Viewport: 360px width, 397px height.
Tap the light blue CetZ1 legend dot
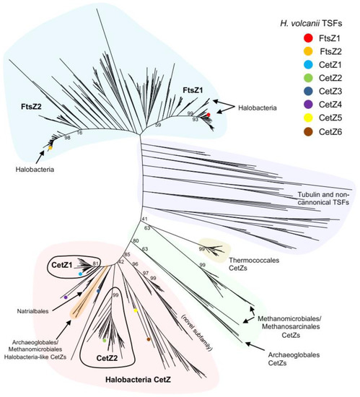tap(287, 69)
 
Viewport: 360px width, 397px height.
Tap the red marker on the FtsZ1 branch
tap(208, 115)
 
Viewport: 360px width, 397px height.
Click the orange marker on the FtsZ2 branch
tap(51, 147)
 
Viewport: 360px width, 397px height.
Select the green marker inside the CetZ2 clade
tap(105, 339)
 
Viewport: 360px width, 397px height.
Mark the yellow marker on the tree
tap(135, 310)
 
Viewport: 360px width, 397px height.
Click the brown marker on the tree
tap(148, 339)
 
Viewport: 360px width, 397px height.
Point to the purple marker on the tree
tap(66, 297)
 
